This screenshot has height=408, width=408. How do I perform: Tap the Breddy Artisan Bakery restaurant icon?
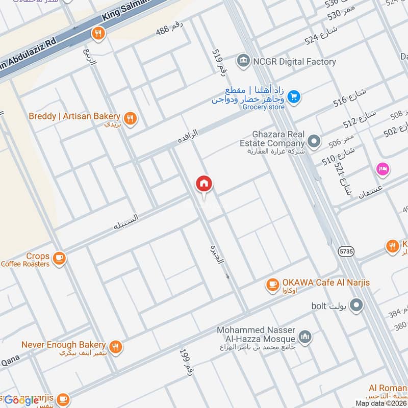(x=131, y=119)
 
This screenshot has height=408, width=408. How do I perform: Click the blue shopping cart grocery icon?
(x=293, y=96)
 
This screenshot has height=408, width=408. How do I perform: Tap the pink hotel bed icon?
(x=382, y=168)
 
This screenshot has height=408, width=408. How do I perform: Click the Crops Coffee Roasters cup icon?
(x=60, y=259)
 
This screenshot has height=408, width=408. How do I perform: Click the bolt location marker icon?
(x=357, y=306)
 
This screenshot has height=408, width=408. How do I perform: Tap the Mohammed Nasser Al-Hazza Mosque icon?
(x=305, y=337)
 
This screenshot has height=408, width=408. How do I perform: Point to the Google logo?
(x=21, y=400)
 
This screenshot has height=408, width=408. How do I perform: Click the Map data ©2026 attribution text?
(x=380, y=403)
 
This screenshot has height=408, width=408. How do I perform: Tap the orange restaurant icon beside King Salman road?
(x=98, y=34)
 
